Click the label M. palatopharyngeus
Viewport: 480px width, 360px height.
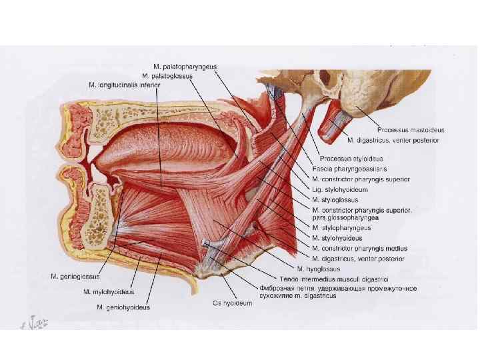[189, 67]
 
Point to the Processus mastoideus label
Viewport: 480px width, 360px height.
[411, 129]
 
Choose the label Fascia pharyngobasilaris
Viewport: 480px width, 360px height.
[352, 169]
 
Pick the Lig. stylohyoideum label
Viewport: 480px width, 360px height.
[339, 189]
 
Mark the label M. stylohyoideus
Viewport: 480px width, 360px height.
[337, 237]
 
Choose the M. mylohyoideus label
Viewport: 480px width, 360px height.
[109, 291]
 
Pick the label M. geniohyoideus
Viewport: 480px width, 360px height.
[123, 307]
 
